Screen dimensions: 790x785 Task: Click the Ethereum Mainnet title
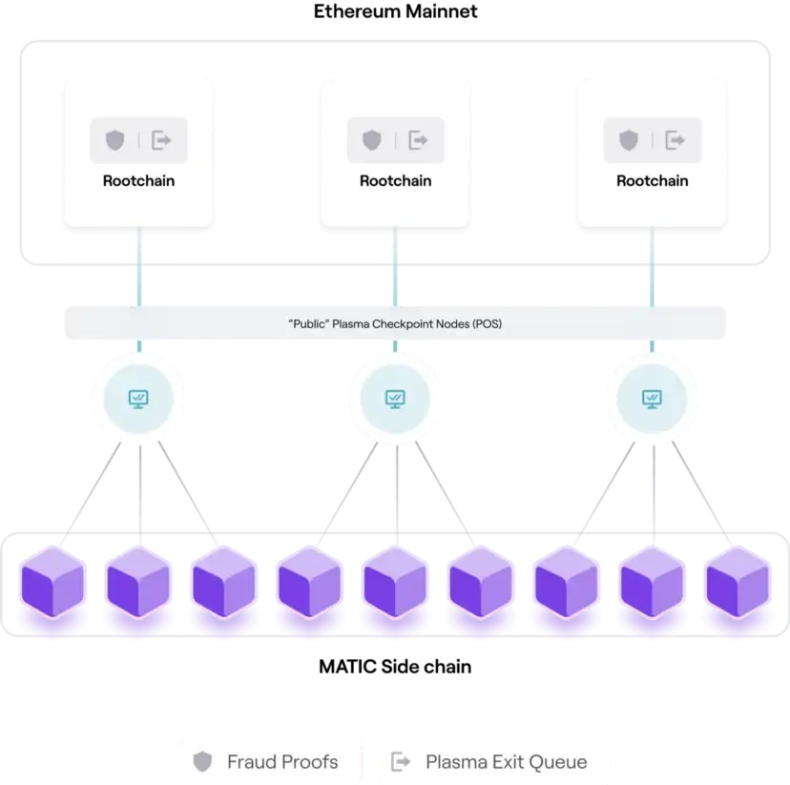(x=396, y=11)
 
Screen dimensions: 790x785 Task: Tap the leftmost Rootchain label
(x=138, y=181)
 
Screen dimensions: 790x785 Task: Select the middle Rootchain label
(x=396, y=181)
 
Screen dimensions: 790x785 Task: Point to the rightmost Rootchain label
(x=653, y=181)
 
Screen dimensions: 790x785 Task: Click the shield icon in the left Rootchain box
(x=114, y=140)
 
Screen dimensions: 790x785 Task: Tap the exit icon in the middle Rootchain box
(x=418, y=140)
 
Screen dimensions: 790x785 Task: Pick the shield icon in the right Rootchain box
(x=629, y=140)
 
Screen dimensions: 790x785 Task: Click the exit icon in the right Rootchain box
(x=676, y=140)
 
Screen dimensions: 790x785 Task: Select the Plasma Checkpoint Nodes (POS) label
(x=395, y=323)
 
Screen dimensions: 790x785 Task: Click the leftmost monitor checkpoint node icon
(x=138, y=400)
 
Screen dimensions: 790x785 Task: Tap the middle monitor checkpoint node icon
(x=395, y=400)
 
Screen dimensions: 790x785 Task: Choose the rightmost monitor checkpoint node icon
(x=652, y=400)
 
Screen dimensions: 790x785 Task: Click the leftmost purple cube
(x=52, y=582)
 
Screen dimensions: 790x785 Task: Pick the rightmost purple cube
(x=738, y=582)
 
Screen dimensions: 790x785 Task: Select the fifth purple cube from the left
(x=396, y=582)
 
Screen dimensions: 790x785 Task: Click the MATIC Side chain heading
(x=395, y=667)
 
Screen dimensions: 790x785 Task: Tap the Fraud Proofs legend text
(x=282, y=762)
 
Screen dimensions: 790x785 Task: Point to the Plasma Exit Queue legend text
(x=507, y=762)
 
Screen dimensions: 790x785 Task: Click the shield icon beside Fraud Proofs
(x=202, y=761)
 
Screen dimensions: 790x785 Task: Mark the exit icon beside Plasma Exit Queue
(x=401, y=761)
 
